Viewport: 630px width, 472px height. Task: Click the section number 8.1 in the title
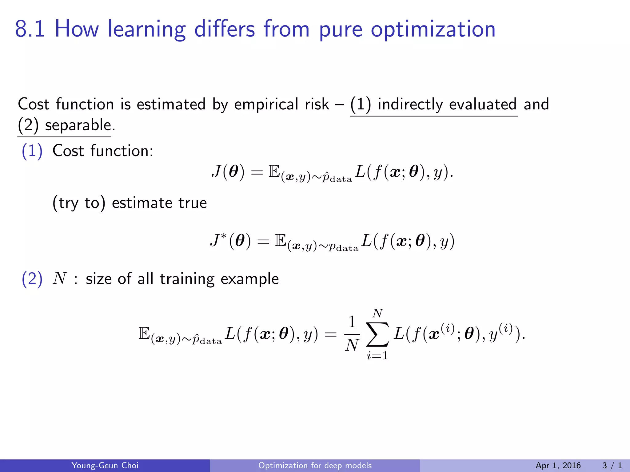pos(30,29)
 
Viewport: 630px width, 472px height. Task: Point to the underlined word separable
pos(78,125)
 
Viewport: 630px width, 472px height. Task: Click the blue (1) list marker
pos(32,151)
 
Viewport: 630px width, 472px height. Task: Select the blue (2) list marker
pos(32,279)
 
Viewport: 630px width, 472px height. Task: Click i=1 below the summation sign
pos(377,356)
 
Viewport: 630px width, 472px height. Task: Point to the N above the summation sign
pos(377,313)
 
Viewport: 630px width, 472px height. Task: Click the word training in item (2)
pos(187,279)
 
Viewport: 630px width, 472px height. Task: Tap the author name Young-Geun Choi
pos(105,465)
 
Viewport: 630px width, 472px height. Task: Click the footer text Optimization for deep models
pos(315,465)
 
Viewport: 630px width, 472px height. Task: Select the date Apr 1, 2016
pos(558,465)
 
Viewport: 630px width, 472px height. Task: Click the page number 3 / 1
pos(612,465)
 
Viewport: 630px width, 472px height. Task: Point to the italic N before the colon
pos(60,279)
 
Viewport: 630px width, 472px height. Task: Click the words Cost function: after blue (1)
pos(103,151)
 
